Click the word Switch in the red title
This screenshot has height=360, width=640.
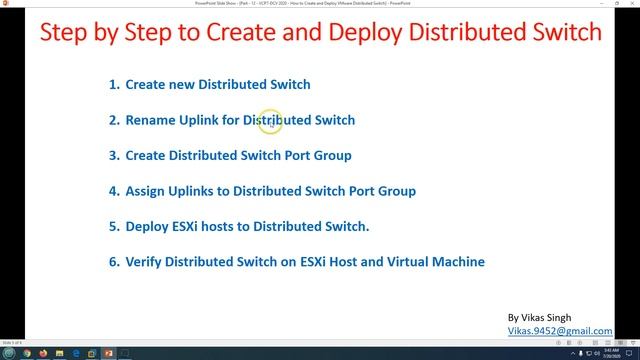coord(559,35)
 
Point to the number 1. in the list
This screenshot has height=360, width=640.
coord(114,85)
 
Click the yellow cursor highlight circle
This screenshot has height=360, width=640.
coord(271,122)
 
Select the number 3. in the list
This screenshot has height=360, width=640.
coord(114,155)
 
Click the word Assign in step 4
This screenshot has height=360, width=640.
coord(147,190)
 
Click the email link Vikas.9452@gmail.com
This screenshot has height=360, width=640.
coord(560,330)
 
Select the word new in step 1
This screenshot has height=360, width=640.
coord(182,85)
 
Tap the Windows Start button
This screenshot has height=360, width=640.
coord(8,353)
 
